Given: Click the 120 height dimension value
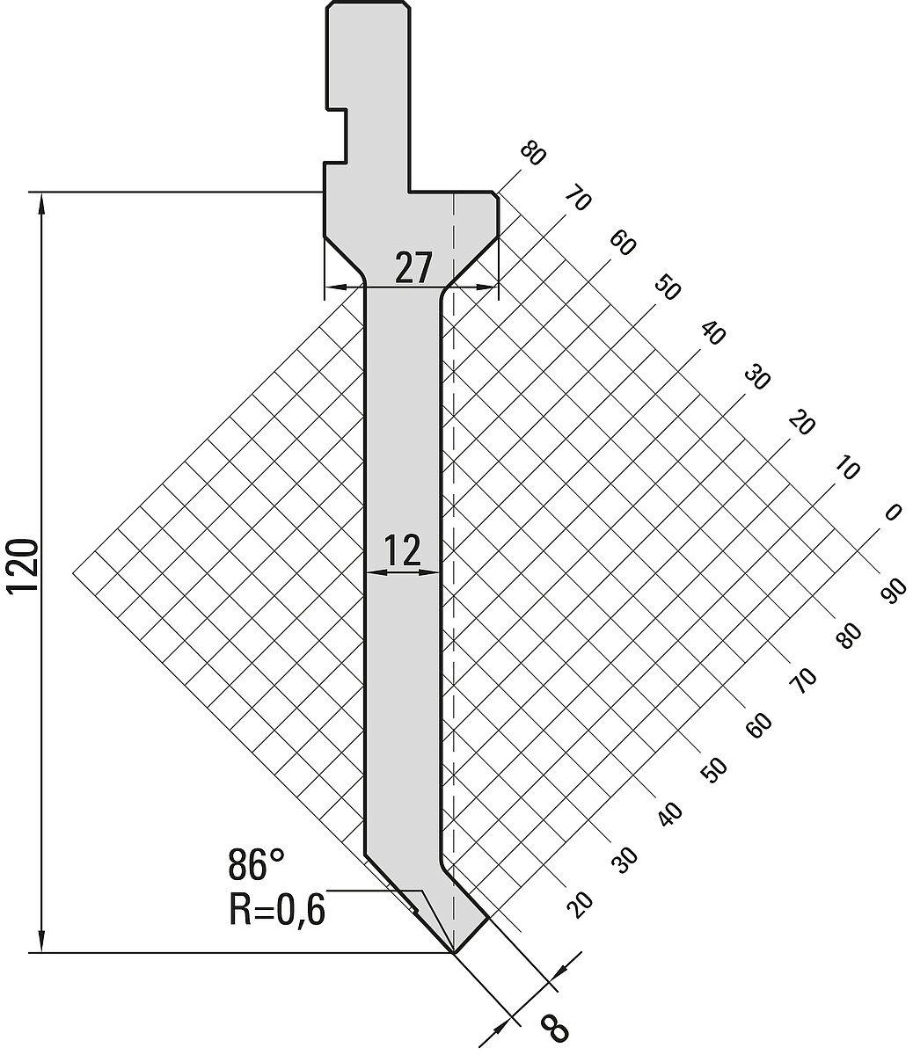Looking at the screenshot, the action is coord(23,565).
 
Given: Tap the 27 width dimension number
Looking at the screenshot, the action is coord(413,267).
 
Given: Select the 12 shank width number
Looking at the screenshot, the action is coord(404,550).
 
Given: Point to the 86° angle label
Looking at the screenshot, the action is coord(255,864).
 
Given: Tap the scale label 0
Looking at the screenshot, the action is coord(893,512).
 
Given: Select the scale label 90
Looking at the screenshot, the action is coord(893,591).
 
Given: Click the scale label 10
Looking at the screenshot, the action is coord(848,468).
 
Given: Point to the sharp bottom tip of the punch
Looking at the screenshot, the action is coord(454,952).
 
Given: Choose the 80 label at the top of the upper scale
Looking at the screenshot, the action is coord(533,154).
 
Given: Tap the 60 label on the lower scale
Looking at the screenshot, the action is coord(758,725).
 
